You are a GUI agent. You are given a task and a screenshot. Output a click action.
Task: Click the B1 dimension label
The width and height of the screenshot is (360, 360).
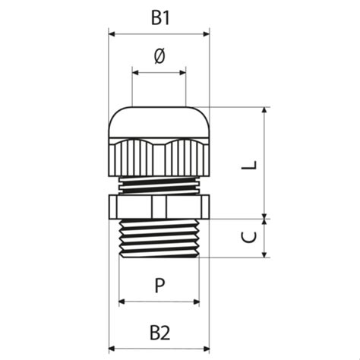(159, 18)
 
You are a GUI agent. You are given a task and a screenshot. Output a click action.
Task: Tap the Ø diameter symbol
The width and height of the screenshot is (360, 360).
(159, 58)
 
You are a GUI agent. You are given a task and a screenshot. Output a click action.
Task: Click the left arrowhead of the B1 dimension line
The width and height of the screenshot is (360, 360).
(112, 33)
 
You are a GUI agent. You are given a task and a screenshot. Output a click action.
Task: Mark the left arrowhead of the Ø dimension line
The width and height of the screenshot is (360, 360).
(136, 74)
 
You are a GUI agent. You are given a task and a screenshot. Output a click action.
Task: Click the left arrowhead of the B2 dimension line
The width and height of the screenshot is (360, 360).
(112, 349)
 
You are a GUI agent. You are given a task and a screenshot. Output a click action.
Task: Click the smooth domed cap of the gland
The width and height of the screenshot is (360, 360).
(159, 122)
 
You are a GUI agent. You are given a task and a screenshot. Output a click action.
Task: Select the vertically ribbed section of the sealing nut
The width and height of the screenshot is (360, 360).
(159, 158)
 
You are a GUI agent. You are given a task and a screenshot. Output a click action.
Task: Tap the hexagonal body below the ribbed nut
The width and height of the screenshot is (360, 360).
(159, 206)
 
